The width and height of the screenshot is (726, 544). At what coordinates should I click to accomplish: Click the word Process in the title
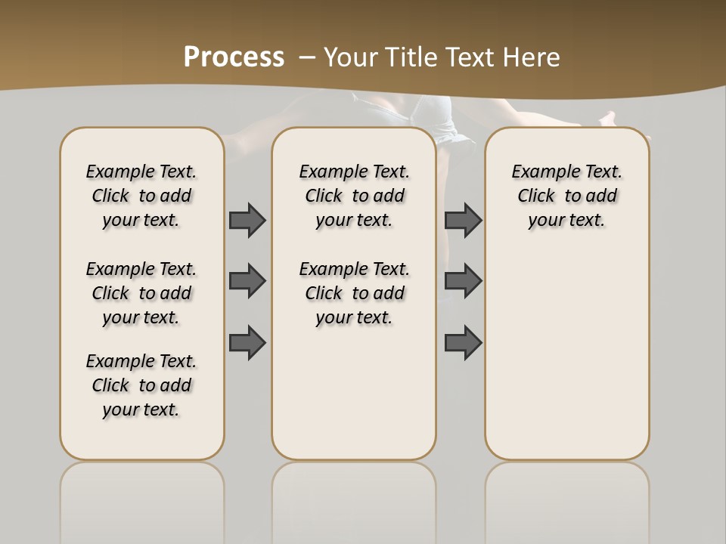234,57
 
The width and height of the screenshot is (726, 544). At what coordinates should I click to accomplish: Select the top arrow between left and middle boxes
247,220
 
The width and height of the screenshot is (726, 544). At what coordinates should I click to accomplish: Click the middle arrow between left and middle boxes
247,281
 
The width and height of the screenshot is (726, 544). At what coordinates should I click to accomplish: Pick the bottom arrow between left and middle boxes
247,342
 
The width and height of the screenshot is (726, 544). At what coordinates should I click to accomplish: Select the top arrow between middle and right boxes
463,220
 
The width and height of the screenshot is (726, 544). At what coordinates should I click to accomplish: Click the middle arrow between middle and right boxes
463,281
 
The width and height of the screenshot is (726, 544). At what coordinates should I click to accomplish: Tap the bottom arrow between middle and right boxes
463,342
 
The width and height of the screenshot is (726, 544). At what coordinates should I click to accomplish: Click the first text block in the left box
141,196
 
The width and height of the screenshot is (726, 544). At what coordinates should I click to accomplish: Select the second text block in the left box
141,293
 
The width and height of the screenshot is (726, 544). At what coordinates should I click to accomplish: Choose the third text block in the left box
141,385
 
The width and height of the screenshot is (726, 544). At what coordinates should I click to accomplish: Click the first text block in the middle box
354,196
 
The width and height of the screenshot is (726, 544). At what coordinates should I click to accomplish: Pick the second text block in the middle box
354,293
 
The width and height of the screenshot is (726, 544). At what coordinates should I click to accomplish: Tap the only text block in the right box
566,196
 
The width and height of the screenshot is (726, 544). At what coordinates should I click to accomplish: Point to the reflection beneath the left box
142,491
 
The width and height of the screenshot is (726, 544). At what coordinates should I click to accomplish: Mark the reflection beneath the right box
566,491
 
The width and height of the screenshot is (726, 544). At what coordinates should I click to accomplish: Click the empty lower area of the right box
566,363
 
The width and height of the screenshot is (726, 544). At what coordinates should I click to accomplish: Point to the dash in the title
307,57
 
